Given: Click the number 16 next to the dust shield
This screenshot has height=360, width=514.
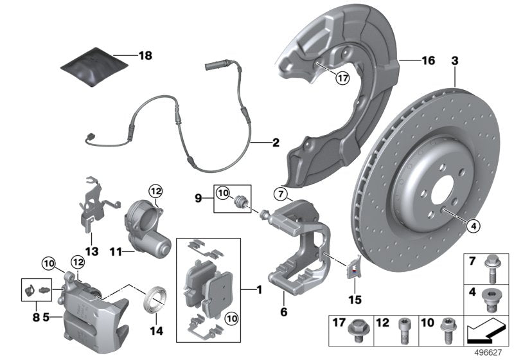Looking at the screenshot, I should tap(427, 61).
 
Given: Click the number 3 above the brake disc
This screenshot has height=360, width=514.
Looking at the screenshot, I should tap(454, 61).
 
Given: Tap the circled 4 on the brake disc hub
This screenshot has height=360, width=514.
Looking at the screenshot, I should tap(472, 225).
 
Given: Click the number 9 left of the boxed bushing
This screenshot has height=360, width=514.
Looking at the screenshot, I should tap(200, 198).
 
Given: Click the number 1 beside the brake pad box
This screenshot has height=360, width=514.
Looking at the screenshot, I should tap(260, 290).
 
